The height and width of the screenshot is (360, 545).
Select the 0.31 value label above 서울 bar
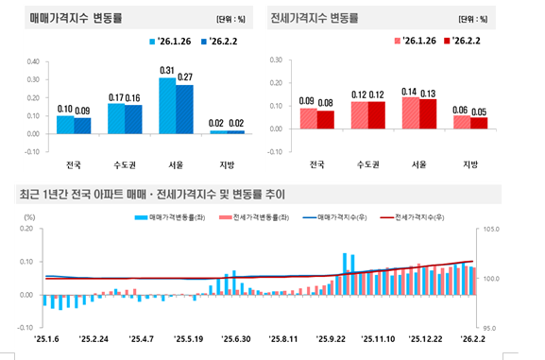(166, 71)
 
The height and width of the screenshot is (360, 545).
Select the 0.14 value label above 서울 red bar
(409, 91)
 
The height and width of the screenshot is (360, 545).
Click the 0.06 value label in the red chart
(460, 109)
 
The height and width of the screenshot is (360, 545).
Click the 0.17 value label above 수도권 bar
(116, 97)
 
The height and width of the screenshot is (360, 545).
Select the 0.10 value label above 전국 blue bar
(65, 110)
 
